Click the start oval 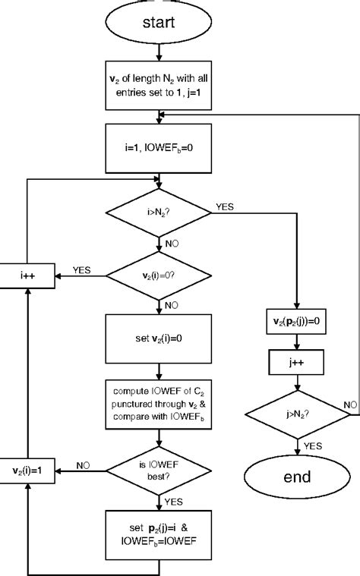[x=159, y=23]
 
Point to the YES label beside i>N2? [x=226, y=206]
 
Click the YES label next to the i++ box [x=82, y=269]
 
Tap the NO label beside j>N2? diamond [x=350, y=406]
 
